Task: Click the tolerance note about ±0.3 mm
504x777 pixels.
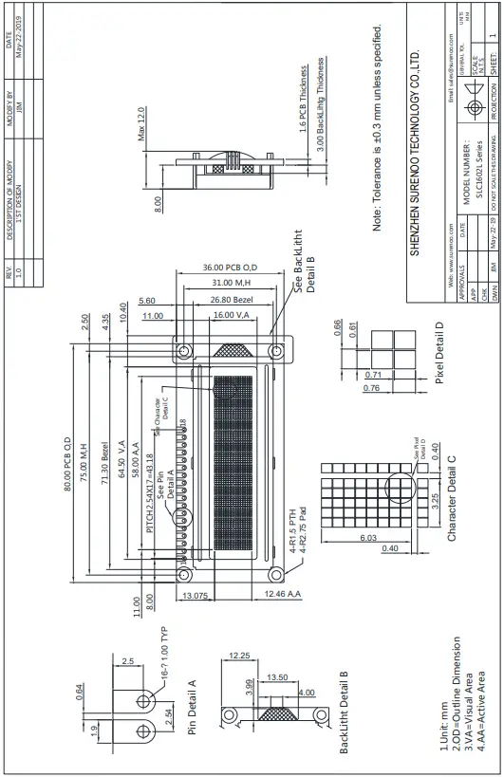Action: pyautogui.click(x=377, y=128)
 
